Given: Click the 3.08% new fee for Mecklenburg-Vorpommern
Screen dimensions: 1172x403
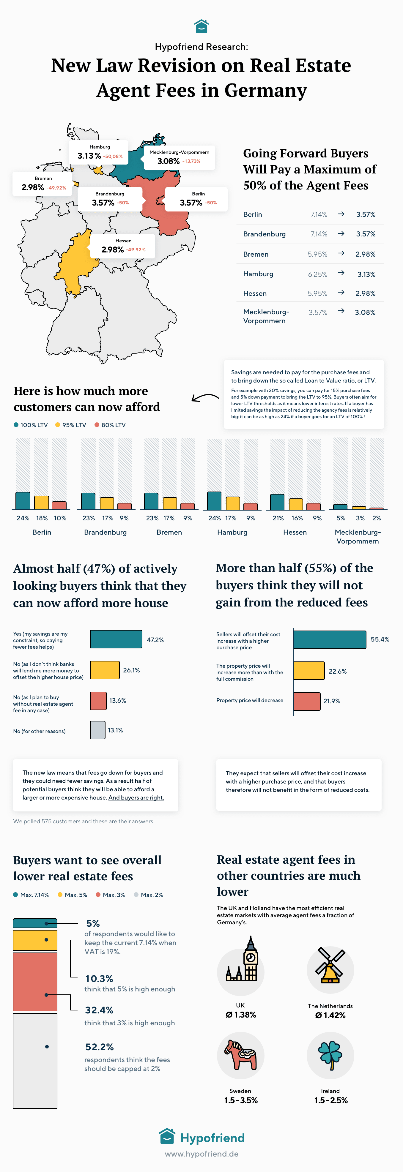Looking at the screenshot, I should [365, 312].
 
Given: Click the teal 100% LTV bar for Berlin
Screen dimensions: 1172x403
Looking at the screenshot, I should [23, 500].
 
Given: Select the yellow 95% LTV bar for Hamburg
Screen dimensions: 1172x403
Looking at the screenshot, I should [233, 503].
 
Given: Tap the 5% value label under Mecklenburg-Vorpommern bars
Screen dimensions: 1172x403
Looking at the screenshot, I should [341, 518].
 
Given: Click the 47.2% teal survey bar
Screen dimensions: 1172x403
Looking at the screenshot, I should [116, 639].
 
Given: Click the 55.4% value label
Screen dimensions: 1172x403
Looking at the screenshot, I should [380, 639].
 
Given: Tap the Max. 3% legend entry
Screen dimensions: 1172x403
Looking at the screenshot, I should [110, 895].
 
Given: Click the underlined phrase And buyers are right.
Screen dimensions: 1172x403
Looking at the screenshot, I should [136, 797].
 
